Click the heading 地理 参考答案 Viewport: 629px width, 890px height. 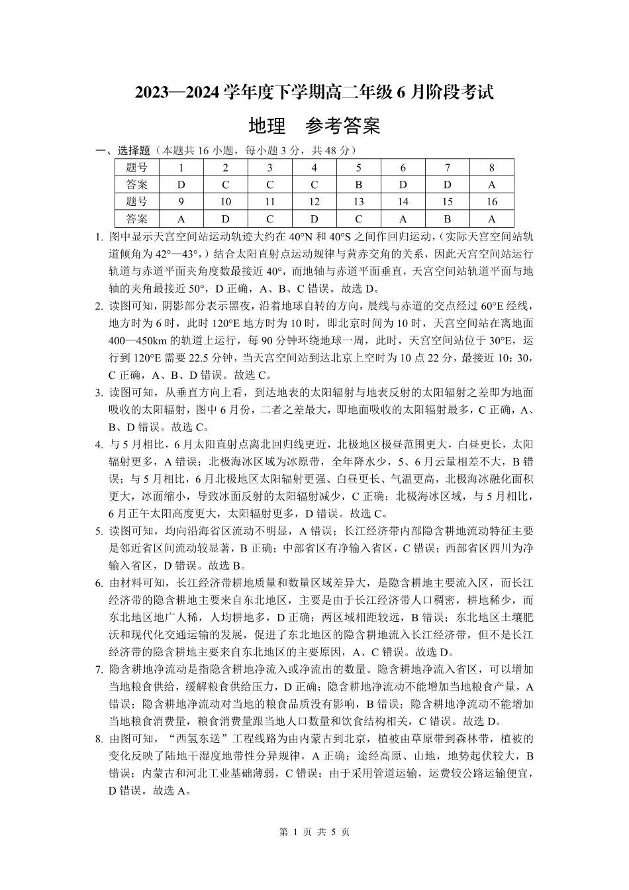click(314, 126)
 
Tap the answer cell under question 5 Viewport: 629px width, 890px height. click(358, 185)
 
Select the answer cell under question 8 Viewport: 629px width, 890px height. click(491, 185)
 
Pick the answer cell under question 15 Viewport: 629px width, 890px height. click(447, 219)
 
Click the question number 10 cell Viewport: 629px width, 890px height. click(226, 202)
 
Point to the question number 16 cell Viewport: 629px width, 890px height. click(491, 202)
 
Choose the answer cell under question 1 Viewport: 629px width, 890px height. click(181, 185)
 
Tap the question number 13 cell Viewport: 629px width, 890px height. click(358, 202)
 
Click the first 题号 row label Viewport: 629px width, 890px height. click(136, 168)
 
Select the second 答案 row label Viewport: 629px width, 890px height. click(136, 219)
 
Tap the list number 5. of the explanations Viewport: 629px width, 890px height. click(99, 531)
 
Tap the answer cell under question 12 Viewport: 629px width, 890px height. click(314, 219)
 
